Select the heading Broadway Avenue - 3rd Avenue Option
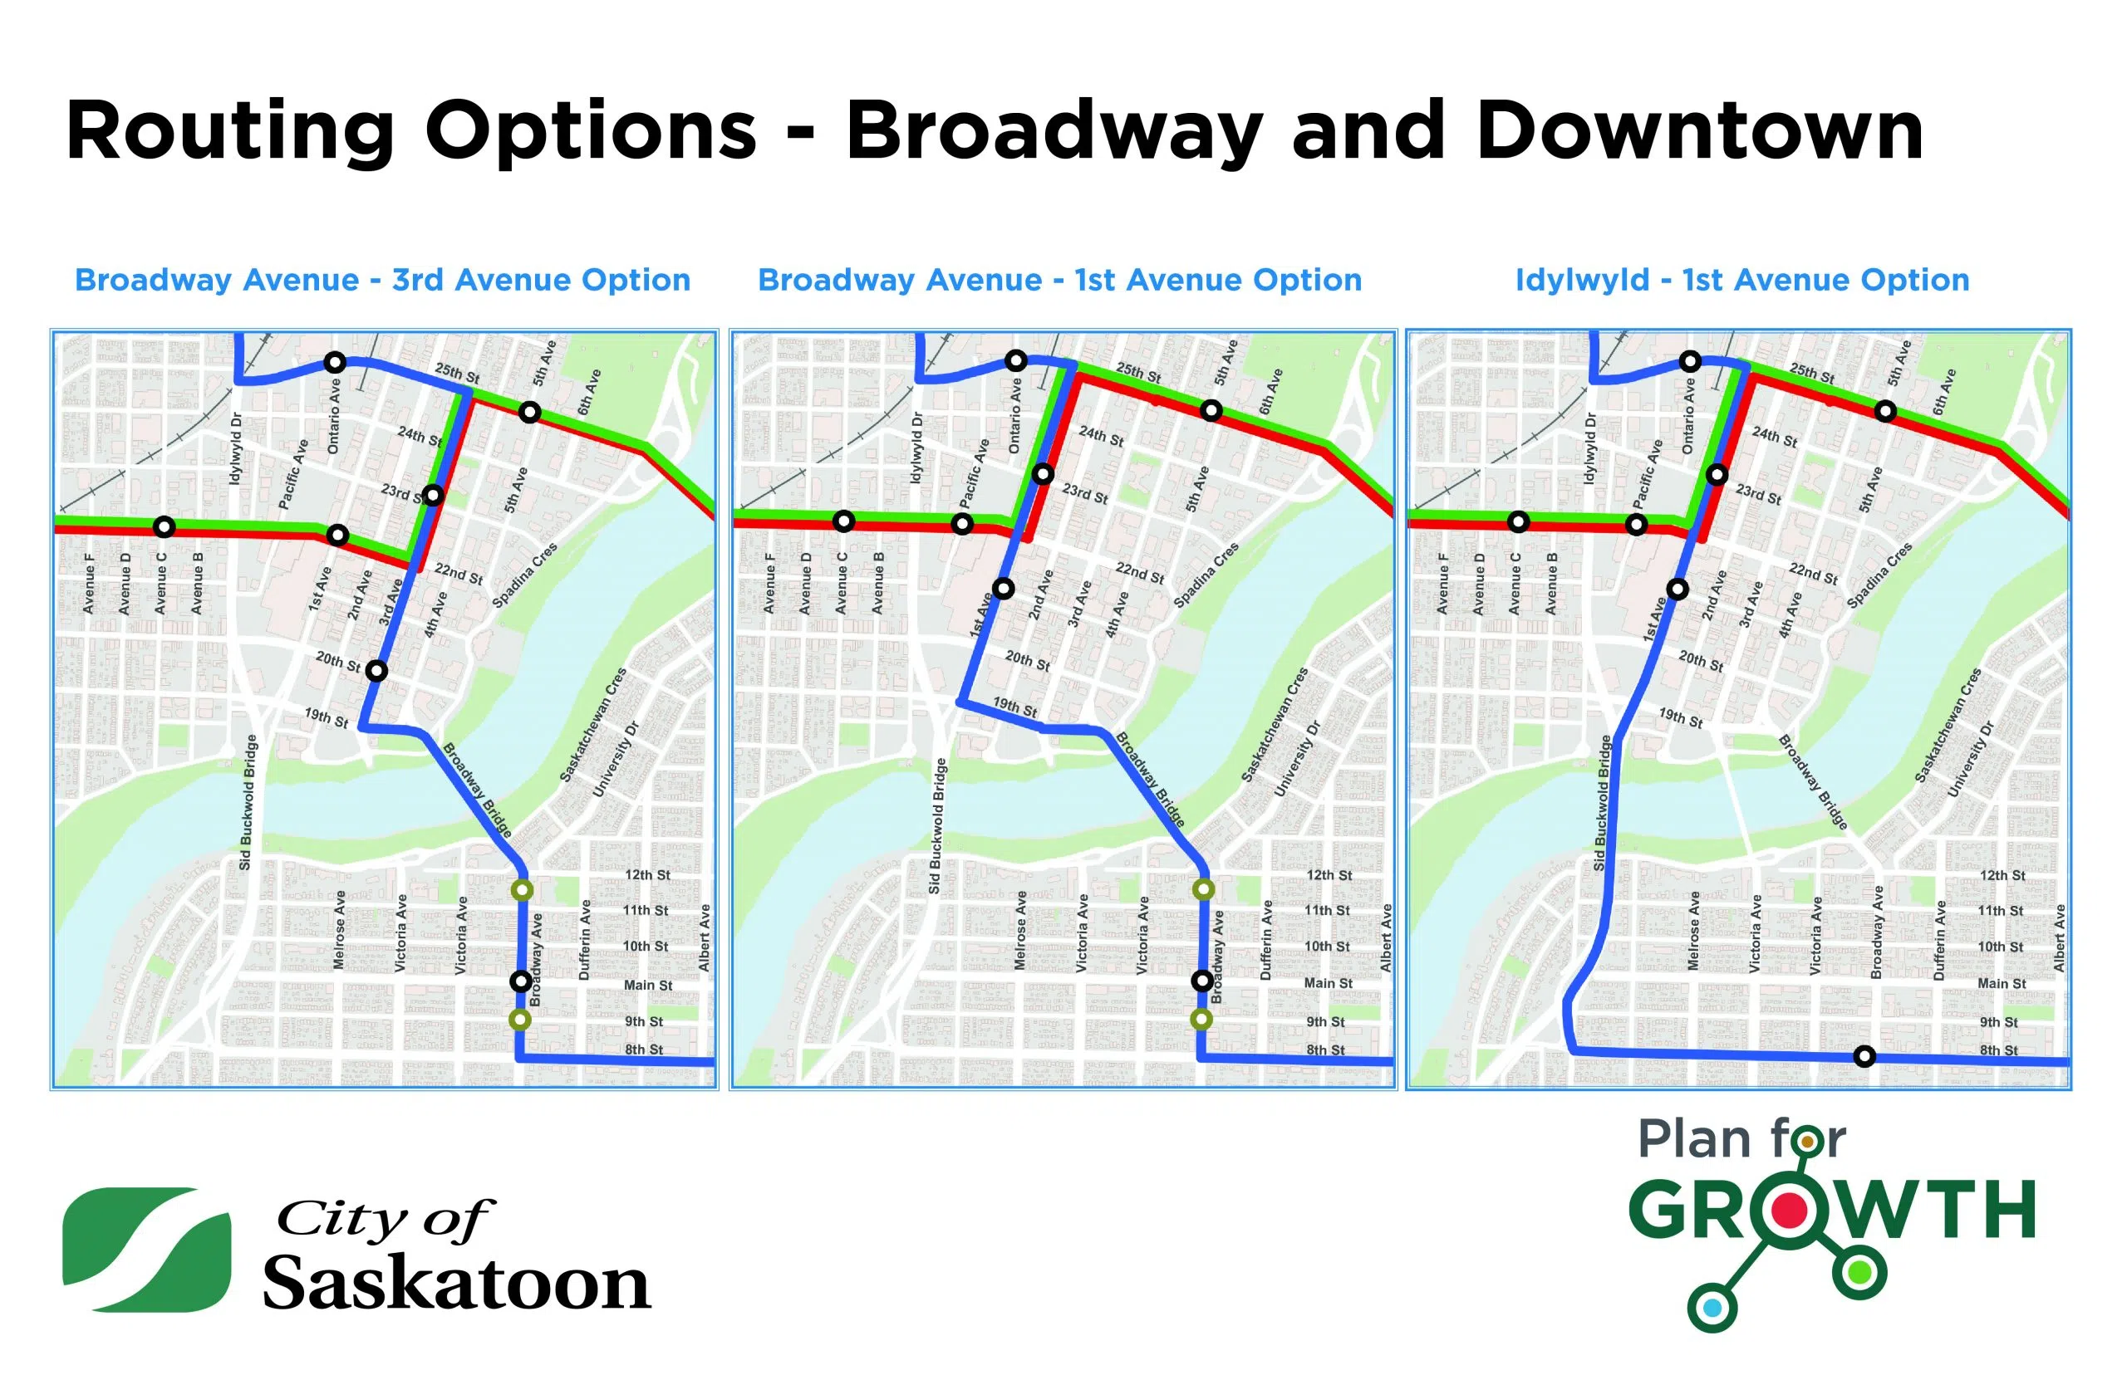point(382,280)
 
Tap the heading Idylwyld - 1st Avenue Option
point(1742,280)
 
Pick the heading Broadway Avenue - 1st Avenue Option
point(1059,280)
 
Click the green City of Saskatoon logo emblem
point(145,1249)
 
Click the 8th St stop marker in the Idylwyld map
point(1864,1057)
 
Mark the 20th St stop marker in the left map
point(376,671)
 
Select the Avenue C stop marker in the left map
point(164,526)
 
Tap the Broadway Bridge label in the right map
point(1811,781)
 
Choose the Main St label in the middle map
point(1328,983)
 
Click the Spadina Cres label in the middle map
point(1205,575)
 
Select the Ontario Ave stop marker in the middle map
point(1015,360)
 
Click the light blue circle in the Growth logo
point(1712,1309)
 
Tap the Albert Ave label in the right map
point(2059,937)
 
